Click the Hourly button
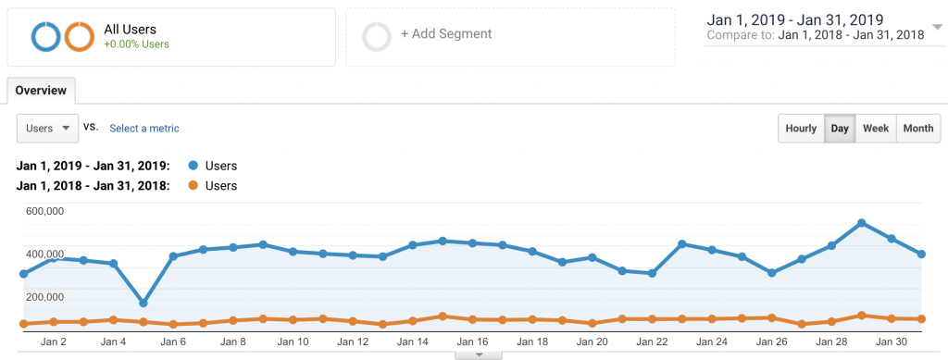(x=801, y=129)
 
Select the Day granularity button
(x=840, y=129)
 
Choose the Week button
(x=876, y=129)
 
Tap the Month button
(x=917, y=129)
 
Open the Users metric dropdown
(x=47, y=129)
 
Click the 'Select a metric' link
(x=144, y=129)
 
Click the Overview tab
(x=41, y=91)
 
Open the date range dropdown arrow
(x=936, y=27)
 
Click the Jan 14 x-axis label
(x=412, y=341)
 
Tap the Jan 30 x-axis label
(x=891, y=341)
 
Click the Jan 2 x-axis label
(x=53, y=341)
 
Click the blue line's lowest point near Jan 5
(x=143, y=303)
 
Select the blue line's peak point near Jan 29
(x=862, y=223)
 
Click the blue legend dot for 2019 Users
(x=192, y=166)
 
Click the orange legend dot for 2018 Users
(x=192, y=186)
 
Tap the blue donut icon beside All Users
(x=46, y=36)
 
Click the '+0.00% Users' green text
(x=137, y=43)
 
